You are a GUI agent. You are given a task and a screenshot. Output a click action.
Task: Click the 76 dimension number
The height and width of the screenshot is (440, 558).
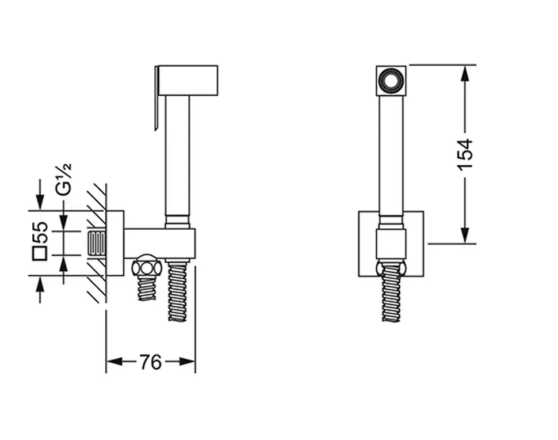pyautogui.click(x=150, y=362)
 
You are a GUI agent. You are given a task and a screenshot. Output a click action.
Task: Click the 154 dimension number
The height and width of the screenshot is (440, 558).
pyautogui.click(x=465, y=154)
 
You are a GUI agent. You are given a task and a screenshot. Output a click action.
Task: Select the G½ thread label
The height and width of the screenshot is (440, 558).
pyautogui.click(x=64, y=179)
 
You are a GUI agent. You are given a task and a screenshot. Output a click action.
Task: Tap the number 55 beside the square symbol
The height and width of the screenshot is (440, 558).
pyautogui.click(x=40, y=232)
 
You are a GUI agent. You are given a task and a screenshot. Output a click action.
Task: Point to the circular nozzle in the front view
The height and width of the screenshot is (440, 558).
pyautogui.click(x=391, y=80)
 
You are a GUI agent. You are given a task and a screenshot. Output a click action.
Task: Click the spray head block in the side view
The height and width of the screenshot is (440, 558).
pyautogui.click(x=188, y=80)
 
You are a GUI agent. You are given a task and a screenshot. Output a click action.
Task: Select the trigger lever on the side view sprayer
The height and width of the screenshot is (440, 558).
pyautogui.click(x=156, y=98)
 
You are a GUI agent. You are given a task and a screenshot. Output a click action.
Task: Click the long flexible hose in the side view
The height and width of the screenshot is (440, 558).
pyautogui.click(x=177, y=290)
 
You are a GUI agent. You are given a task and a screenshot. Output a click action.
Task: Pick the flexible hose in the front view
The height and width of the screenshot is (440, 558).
pyautogui.click(x=391, y=292)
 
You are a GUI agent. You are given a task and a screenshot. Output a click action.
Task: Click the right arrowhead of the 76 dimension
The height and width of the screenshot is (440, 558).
pyautogui.click(x=187, y=362)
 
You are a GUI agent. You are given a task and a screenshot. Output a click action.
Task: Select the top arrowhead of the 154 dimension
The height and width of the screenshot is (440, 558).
pyautogui.click(x=465, y=73)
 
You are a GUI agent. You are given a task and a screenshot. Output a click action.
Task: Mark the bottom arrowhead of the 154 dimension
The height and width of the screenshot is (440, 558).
pyautogui.click(x=465, y=236)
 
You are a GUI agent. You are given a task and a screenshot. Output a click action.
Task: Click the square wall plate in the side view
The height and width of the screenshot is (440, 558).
pyautogui.click(x=115, y=244)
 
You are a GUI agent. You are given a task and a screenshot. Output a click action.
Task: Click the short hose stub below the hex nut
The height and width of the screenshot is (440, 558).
pyautogui.click(x=146, y=288)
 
